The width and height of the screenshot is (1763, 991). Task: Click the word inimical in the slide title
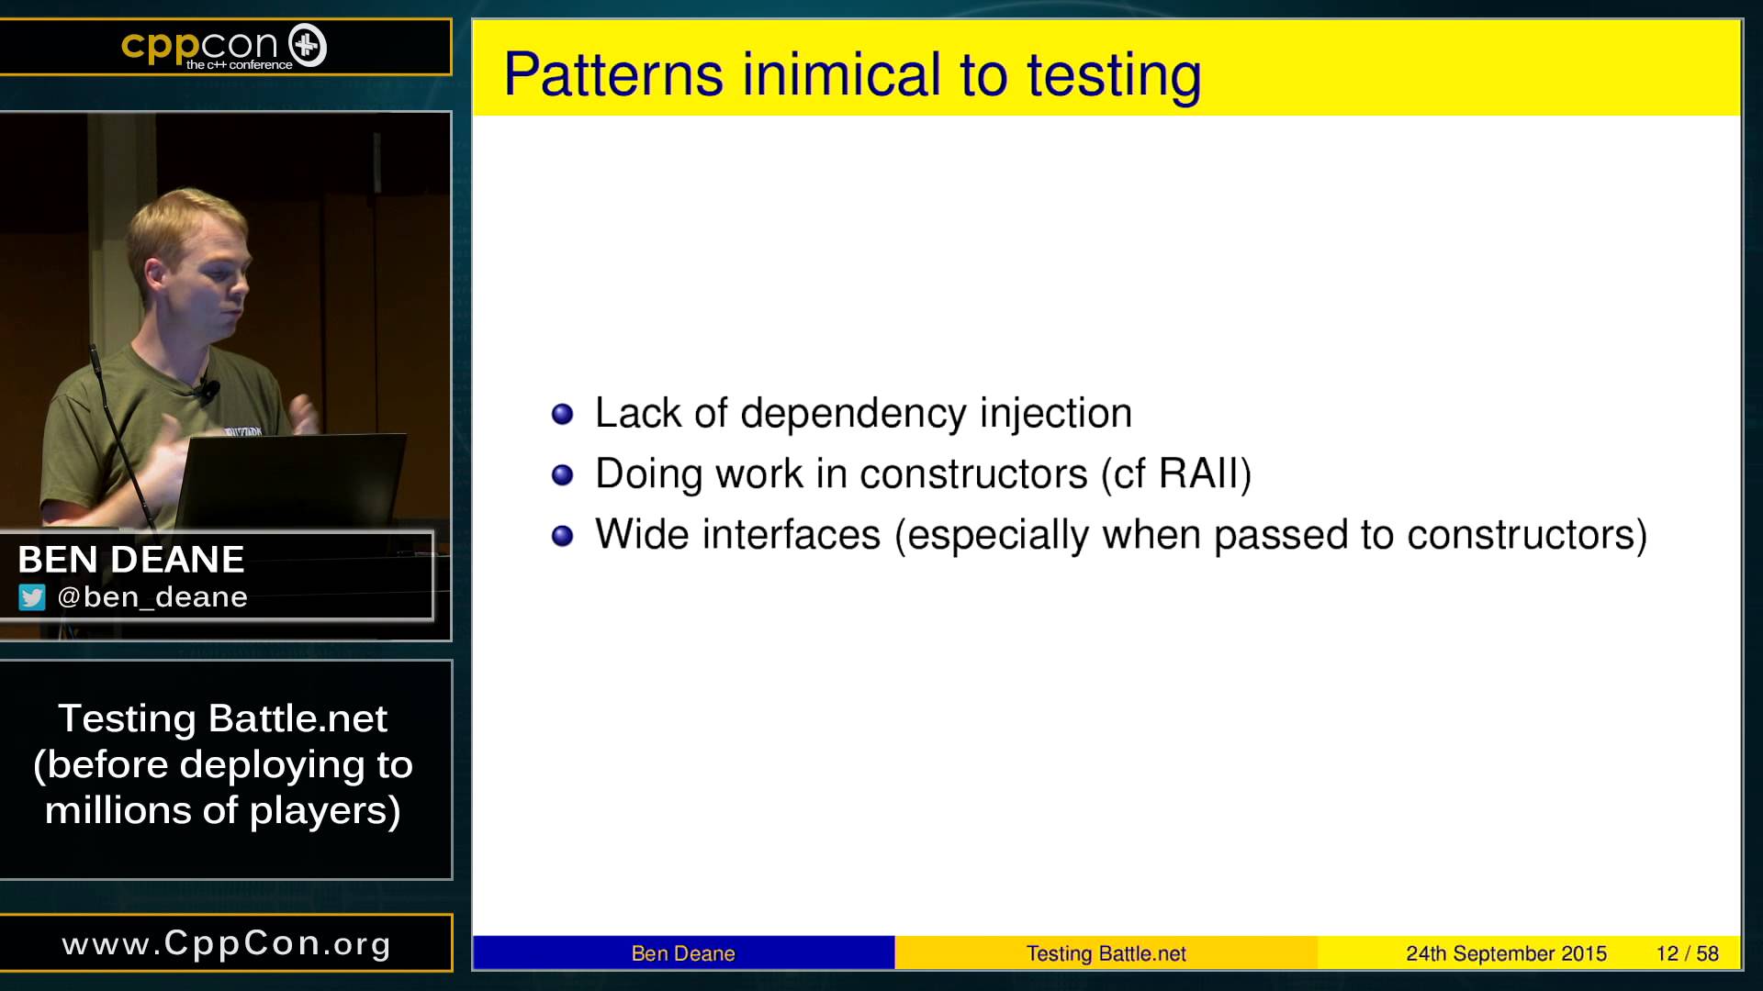coord(841,74)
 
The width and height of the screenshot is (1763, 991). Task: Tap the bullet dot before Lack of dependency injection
coord(562,414)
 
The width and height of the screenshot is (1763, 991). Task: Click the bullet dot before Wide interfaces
coord(562,536)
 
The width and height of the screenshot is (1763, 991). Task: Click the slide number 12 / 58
coord(1688,953)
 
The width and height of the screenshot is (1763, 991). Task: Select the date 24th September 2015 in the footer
coord(1506,953)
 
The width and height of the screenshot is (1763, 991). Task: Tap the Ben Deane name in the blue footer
coord(683,953)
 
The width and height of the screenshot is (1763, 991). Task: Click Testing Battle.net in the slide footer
coord(1106,953)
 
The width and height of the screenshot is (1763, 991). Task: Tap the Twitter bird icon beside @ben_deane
coord(32,597)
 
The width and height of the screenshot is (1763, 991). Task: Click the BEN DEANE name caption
coord(131,559)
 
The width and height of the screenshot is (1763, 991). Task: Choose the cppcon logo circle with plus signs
coord(308,46)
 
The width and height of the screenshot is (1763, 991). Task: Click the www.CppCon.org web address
coord(227,943)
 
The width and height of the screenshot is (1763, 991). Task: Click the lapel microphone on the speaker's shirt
coord(209,390)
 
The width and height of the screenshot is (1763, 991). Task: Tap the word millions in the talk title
coord(118,810)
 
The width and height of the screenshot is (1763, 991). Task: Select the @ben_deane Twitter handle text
coord(152,597)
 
